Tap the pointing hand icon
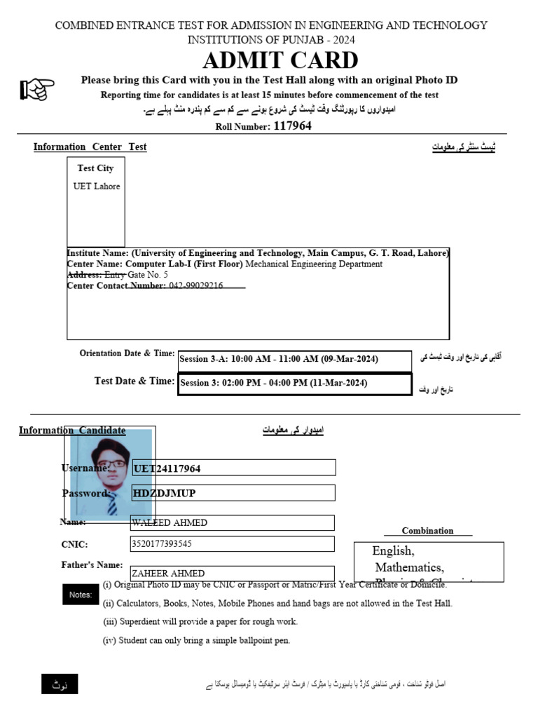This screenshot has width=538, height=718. [37, 89]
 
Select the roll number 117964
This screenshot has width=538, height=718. [292, 126]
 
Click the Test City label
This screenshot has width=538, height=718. [95, 168]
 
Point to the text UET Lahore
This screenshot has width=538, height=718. [97, 187]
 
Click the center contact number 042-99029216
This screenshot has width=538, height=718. [196, 286]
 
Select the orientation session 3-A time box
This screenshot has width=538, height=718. [294, 360]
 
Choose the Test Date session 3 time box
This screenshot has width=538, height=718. [294, 384]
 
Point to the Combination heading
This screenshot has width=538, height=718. [427, 531]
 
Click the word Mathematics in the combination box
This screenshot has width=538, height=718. [409, 567]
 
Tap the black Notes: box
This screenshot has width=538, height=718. [81, 595]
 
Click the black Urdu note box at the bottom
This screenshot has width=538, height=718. [60, 684]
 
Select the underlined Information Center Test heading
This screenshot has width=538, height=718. [90, 147]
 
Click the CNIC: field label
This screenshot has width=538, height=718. [75, 544]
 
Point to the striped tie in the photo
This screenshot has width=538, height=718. [112, 505]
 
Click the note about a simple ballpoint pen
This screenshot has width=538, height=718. [196, 640]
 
